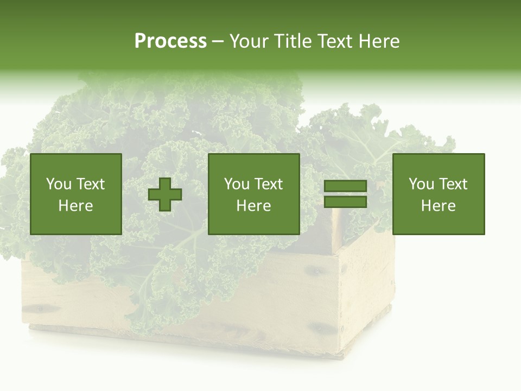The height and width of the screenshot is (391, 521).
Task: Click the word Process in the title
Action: (170, 41)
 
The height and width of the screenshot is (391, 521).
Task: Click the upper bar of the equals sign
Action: (345, 186)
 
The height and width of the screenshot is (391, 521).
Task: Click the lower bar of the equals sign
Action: (345, 202)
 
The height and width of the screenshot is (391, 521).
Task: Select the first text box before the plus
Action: (76, 194)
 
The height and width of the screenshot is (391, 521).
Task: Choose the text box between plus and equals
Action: (253, 194)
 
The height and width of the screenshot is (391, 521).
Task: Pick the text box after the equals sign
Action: (439, 194)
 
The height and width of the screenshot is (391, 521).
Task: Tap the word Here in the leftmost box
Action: (76, 206)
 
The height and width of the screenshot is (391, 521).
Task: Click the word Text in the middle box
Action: (269, 184)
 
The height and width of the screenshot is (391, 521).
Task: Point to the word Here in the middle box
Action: (253, 206)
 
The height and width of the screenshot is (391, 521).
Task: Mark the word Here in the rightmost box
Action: (439, 206)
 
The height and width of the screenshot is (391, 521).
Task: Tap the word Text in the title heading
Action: (331, 41)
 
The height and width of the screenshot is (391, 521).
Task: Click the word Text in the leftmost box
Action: (91, 184)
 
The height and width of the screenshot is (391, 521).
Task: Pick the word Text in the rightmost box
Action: (453, 184)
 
